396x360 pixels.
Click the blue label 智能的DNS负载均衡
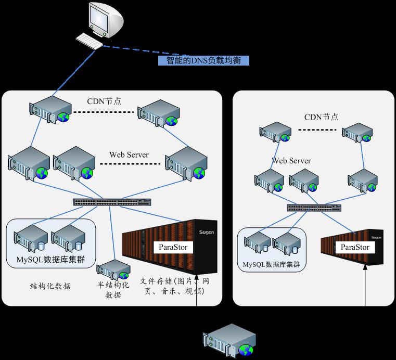pos(203,61)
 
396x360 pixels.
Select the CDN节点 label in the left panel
pos(104,101)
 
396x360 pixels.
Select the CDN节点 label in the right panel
pos(322,117)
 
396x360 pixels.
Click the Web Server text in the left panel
pos(129,155)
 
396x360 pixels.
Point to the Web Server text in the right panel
pos(291,161)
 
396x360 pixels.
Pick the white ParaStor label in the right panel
pos(355,247)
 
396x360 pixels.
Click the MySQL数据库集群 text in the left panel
pos(51,259)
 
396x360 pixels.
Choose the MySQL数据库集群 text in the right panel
pos(271,264)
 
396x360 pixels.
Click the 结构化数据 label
pos(50,286)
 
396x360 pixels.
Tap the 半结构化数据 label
pos(113,290)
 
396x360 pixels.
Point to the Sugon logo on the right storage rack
pos(376,236)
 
